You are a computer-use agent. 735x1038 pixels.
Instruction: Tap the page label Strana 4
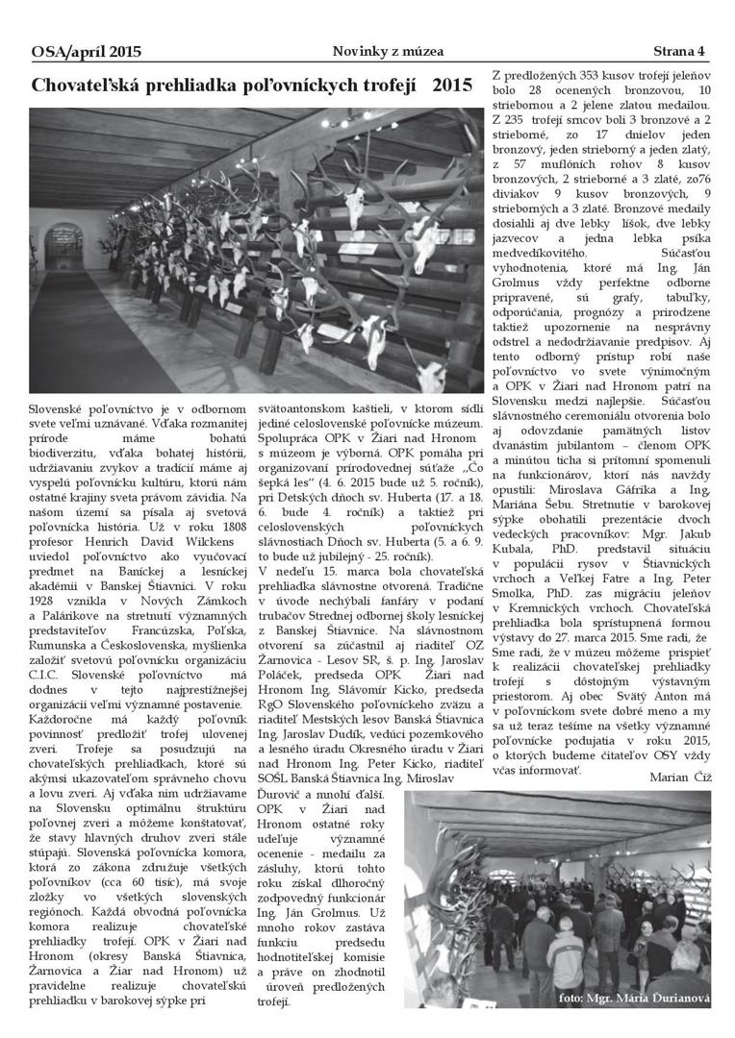click(x=679, y=51)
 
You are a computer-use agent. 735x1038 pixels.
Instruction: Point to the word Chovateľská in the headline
click(x=99, y=86)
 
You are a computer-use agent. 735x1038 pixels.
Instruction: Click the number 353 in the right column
click(x=586, y=75)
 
